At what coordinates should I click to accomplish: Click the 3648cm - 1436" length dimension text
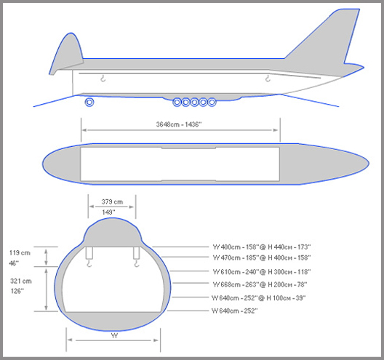coord(179,124)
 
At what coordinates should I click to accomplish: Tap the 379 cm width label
coord(112,201)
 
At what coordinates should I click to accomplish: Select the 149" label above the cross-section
coord(108,212)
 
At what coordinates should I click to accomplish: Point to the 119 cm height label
coord(20,253)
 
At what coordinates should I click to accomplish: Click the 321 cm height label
coord(21,281)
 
